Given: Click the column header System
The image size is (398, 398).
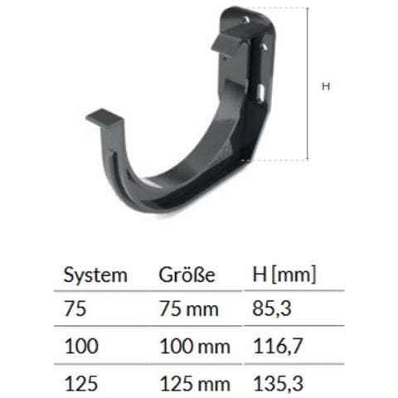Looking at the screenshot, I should click(95, 275).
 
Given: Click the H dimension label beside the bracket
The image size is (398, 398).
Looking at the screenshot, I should click(326, 85).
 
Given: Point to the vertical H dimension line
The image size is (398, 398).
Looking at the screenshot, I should click(308, 83).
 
